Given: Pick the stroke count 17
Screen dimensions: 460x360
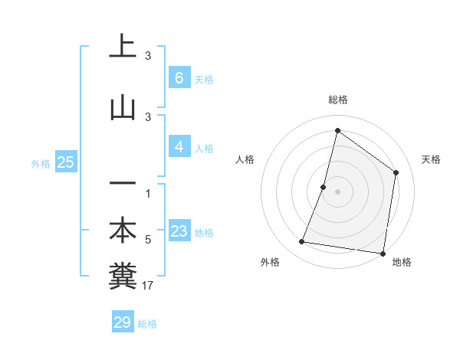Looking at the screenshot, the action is [148, 286].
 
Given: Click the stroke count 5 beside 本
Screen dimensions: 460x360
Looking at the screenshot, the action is [148, 240].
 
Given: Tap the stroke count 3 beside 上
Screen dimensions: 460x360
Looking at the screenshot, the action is [148, 56].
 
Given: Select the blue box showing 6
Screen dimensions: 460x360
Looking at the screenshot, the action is [179, 77].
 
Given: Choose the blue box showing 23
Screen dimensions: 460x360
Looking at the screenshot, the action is [179, 231].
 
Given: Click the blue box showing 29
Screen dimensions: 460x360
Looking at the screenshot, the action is [122, 322].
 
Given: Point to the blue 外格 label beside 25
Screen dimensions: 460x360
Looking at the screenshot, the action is [41, 163].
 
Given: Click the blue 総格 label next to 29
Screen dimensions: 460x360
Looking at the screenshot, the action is [147, 324].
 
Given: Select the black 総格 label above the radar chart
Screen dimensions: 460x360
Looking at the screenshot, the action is [337, 100].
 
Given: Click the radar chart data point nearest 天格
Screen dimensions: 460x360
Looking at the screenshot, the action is [396, 172].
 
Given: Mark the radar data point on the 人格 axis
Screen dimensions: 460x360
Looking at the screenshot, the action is [324, 187].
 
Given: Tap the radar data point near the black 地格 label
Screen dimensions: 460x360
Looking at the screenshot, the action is [383, 253].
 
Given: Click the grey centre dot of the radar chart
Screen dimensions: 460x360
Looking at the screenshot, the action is [337, 191].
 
